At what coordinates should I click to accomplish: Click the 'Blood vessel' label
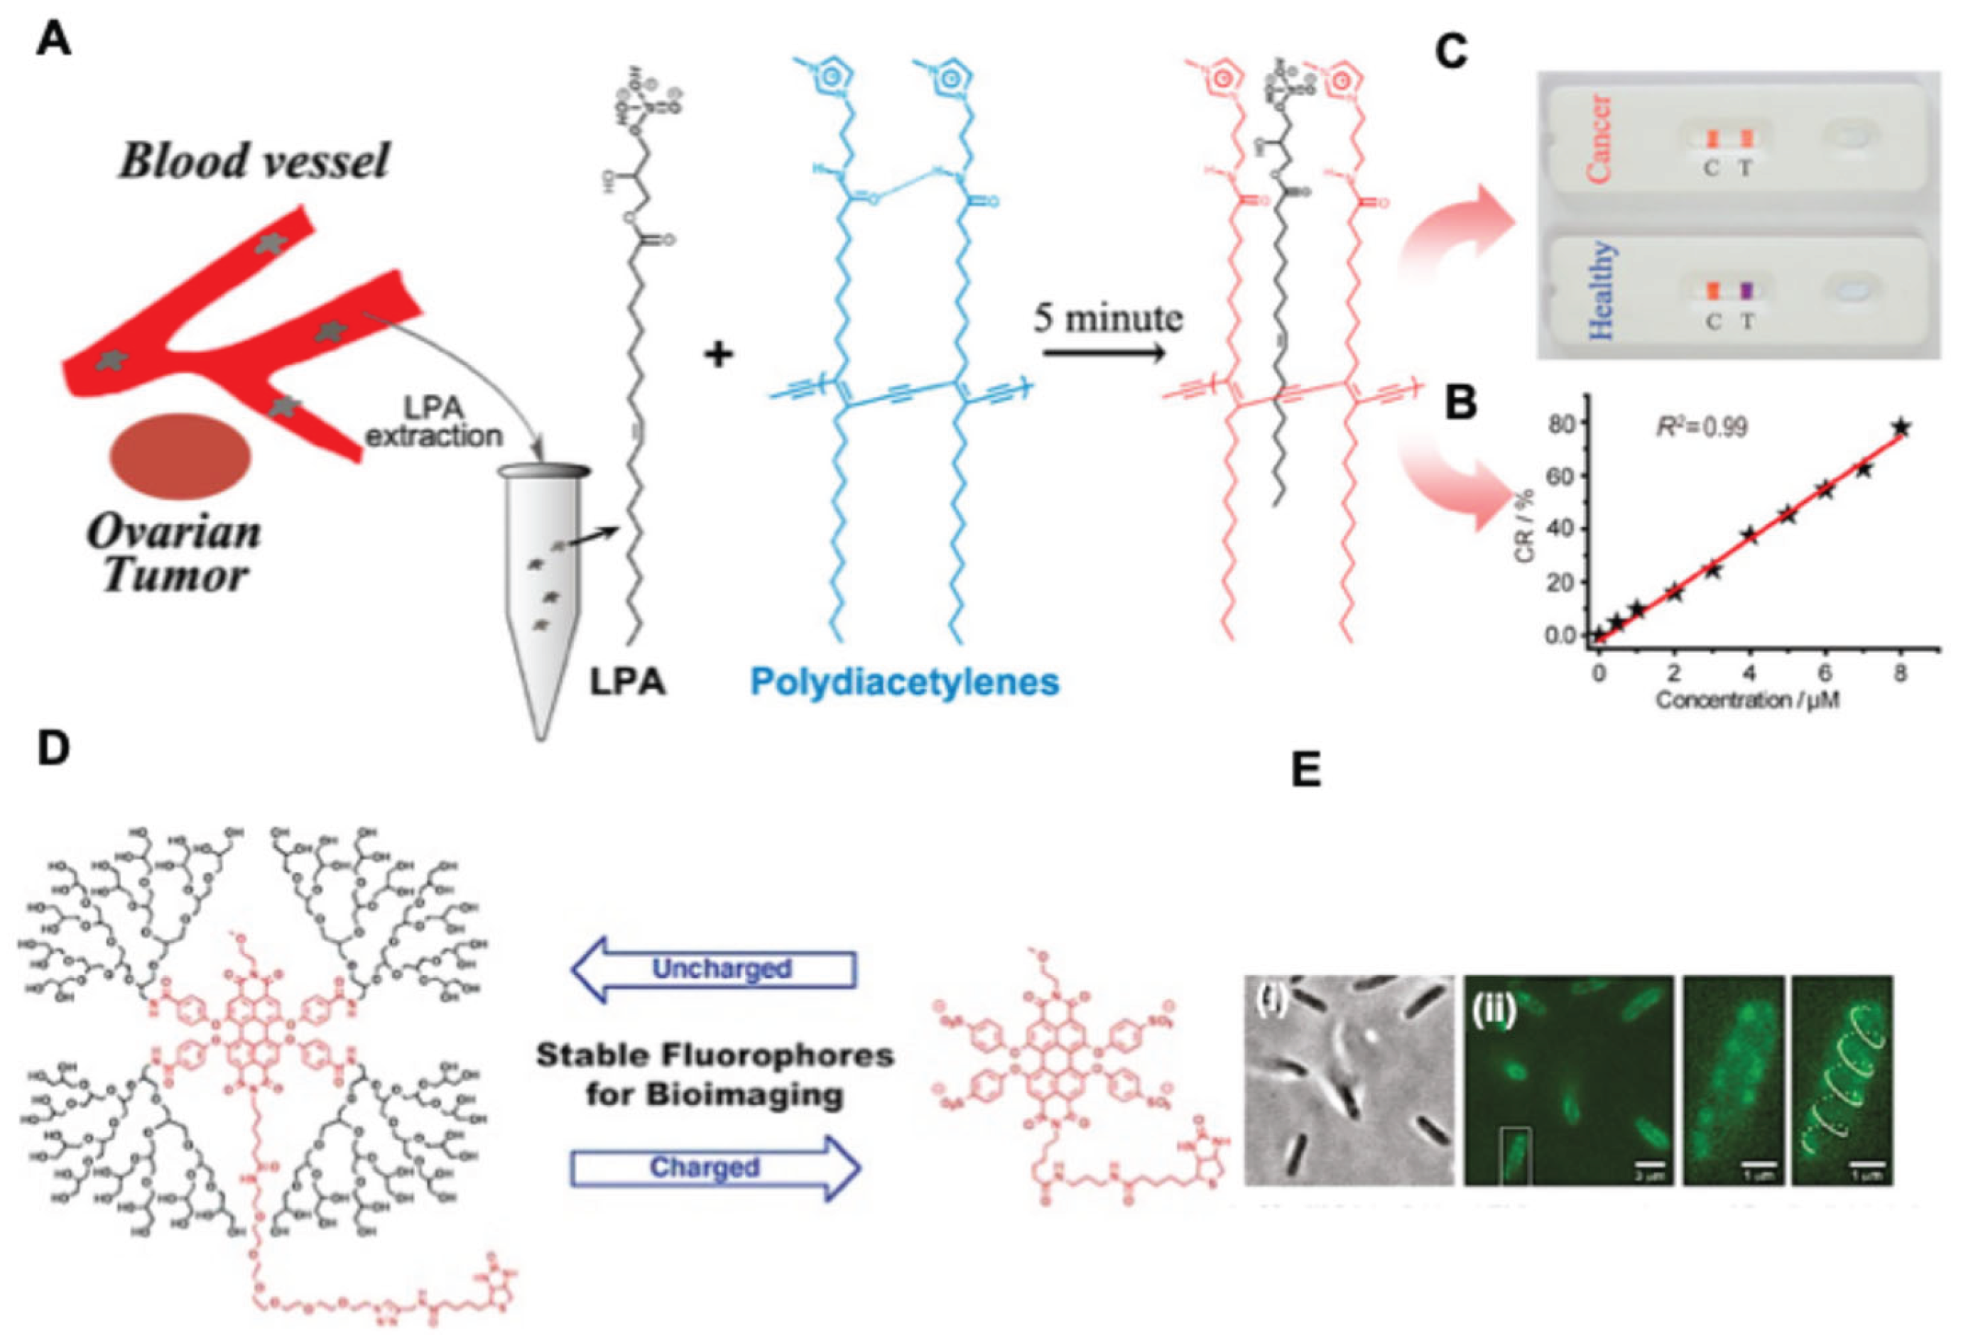254,159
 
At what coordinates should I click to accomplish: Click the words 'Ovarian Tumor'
175,553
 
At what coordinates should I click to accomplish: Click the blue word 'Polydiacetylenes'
905,682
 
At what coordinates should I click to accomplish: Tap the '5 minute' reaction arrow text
1108,318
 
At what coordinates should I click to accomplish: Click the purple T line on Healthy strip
1746,290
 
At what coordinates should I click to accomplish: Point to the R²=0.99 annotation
1702,425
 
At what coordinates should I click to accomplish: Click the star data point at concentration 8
1901,428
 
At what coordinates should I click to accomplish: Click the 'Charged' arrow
713,1167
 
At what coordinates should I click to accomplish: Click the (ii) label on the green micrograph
1494,1016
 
